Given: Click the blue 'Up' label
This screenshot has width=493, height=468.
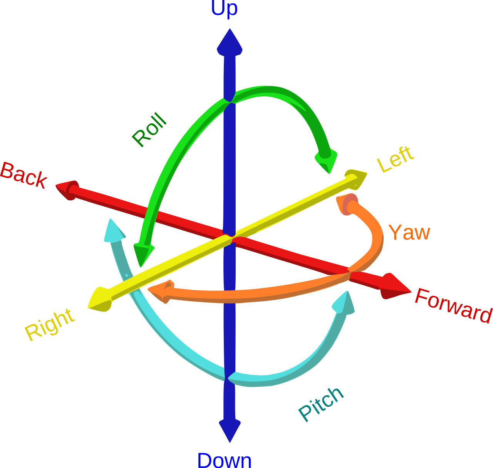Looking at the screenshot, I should point(224,8).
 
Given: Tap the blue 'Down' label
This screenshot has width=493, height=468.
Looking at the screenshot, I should point(224,460).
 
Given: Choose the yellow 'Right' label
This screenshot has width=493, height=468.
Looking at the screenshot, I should point(49,324).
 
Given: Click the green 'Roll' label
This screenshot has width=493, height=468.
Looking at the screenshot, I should point(149,130).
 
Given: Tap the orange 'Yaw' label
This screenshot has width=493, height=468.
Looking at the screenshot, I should point(409,232).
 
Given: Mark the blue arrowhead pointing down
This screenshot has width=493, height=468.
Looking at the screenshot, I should point(230,429).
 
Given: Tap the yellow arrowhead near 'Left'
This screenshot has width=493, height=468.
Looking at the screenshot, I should point(356,178).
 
